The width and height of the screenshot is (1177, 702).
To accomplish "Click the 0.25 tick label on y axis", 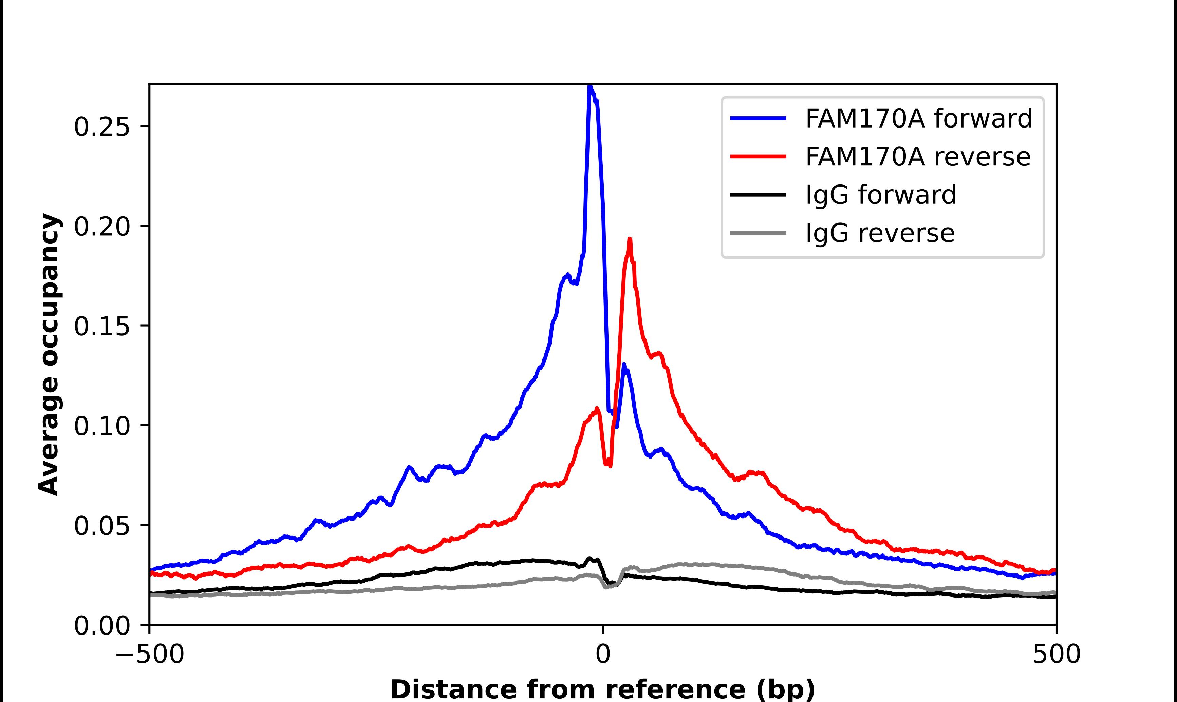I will point(102,127).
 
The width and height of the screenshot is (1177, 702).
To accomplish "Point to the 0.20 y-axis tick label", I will point(102,227).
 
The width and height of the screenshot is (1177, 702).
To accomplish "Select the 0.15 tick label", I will point(102,326).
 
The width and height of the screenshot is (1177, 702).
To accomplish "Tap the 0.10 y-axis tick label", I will point(102,426).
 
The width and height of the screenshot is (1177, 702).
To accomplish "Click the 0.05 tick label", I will point(102,526).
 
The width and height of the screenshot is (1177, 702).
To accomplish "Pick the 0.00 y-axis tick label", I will point(102,626).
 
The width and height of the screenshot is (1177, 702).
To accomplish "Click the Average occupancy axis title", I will point(49,354).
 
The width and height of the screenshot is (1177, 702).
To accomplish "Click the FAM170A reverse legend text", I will point(918,157).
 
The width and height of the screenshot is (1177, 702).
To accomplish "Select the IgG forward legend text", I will point(881,195).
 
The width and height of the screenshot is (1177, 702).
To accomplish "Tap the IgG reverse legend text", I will point(880,233).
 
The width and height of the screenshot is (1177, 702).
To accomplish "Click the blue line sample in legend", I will point(758,118).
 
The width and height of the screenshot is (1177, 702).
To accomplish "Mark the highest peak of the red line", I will point(630,239).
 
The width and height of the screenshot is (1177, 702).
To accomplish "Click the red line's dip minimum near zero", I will point(610,466).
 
